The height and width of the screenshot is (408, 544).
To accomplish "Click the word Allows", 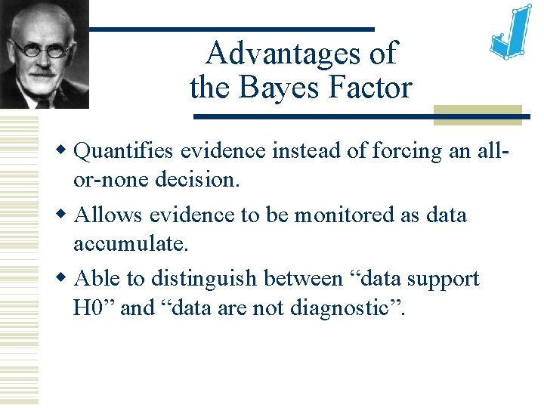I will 109,215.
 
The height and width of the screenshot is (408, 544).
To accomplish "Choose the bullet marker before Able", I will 66,278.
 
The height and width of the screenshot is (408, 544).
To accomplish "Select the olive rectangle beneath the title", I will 477,114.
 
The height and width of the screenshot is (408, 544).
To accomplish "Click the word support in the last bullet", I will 442,279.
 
